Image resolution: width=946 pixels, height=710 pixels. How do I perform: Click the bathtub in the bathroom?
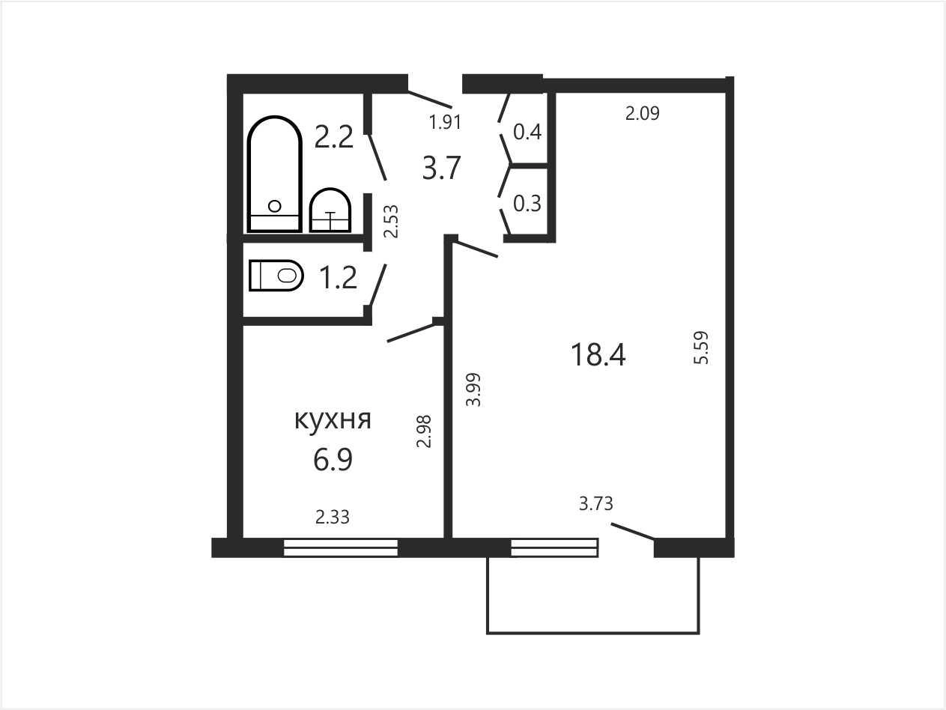275,174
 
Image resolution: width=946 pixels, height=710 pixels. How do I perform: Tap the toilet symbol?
276,276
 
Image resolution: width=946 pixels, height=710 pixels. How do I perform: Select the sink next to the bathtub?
330,210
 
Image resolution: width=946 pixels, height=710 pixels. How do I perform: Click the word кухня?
333,420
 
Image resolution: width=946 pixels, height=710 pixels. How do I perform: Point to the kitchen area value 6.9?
333,460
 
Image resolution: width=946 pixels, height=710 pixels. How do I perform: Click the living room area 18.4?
598,354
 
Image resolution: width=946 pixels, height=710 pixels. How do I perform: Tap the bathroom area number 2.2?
334,136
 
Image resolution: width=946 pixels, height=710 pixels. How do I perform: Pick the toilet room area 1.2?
339,277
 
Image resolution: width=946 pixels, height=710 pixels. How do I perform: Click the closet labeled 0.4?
527,131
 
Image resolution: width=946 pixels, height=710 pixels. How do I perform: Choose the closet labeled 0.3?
527,204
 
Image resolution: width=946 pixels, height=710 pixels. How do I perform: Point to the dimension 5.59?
701,348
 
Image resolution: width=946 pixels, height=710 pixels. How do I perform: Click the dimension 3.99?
473,389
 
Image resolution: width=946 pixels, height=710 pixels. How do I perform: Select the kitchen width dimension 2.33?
333,517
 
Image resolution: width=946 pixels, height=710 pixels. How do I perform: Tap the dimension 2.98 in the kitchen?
424,431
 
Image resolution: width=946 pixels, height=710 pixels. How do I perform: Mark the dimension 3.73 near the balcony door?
595,503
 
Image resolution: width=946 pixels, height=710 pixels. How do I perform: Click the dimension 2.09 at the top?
642,113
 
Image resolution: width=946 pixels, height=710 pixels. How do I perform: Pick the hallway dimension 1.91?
445,122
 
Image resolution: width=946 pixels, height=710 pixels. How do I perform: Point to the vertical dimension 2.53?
391,222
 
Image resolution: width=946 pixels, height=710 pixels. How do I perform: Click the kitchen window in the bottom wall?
341,547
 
